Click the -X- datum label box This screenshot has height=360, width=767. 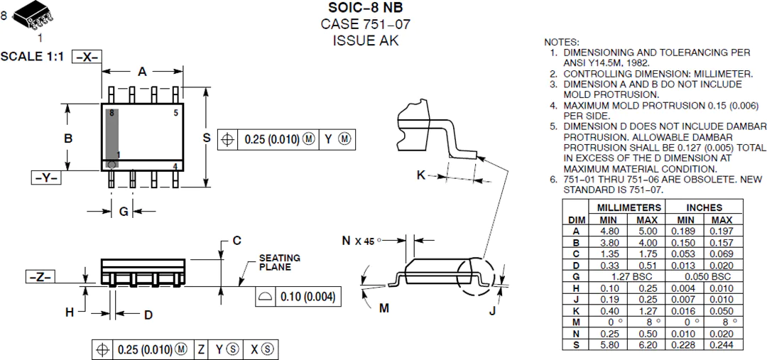point(87,57)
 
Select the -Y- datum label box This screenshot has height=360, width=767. point(46,178)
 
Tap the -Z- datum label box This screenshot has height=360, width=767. point(40,277)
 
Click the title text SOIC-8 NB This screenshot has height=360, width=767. point(366,8)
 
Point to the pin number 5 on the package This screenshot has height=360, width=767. point(175,113)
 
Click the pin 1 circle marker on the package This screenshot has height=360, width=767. point(111,165)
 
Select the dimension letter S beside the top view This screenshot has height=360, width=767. point(207,138)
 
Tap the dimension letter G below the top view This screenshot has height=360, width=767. point(124,212)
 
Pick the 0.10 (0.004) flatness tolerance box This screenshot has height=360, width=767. point(298,297)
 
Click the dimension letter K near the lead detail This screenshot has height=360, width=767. point(420,175)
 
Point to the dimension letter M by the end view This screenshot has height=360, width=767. point(384,307)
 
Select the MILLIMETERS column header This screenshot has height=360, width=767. point(626,207)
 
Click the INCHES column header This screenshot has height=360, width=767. point(703,207)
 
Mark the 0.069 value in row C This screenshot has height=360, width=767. point(722,254)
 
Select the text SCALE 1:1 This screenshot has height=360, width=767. point(32,56)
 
